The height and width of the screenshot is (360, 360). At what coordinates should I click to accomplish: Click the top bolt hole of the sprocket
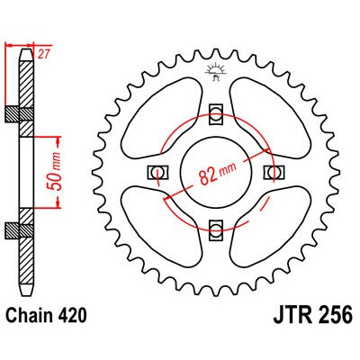pyautogui.click(x=217, y=112)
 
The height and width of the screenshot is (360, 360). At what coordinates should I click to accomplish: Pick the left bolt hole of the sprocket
pyautogui.click(x=157, y=172)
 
